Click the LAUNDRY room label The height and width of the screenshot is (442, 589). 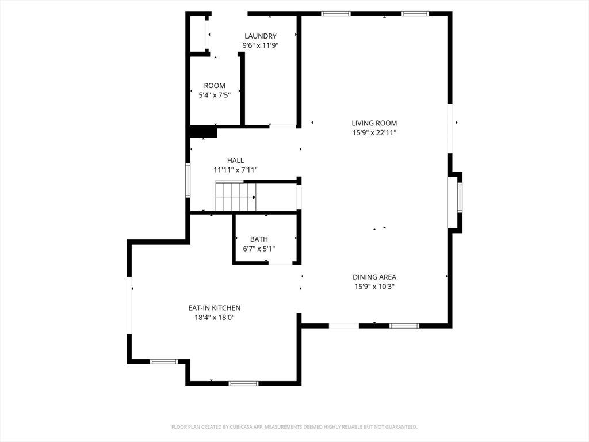click(x=261, y=36)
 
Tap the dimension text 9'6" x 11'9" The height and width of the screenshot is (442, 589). click(x=261, y=45)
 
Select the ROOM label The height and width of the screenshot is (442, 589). click(x=215, y=86)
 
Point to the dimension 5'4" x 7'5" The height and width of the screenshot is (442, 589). click(x=215, y=95)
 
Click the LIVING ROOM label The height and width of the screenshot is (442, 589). click(x=374, y=123)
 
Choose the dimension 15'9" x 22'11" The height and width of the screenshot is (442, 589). click(x=374, y=132)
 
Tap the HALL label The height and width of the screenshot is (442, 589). click(x=235, y=161)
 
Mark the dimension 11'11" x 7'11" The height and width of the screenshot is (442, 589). click(x=235, y=170)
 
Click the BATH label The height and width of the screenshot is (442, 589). click(x=259, y=239)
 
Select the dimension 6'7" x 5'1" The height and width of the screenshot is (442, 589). click(x=259, y=249)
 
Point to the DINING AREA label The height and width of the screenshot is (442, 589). click(x=374, y=277)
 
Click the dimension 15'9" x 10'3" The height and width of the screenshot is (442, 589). click(x=374, y=287)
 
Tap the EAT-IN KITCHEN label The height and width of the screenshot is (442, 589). click(x=215, y=308)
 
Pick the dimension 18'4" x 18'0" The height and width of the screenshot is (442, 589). click(x=215, y=317)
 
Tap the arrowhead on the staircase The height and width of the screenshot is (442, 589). click(x=254, y=197)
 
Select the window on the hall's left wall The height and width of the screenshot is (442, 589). click(x=188, y=180)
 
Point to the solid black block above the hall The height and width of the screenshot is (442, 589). click(x=203, y=132)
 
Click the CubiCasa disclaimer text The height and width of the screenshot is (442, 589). click(x=294, y=427)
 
